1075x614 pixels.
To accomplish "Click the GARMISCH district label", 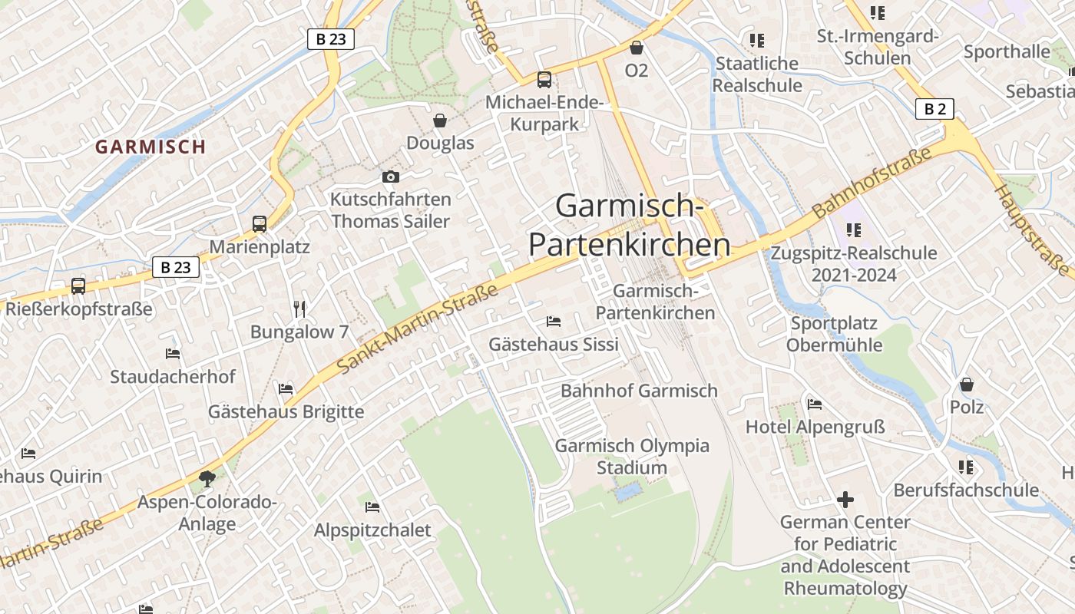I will (x=150, y=147).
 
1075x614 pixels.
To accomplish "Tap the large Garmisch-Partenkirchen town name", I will (x=629, y=226).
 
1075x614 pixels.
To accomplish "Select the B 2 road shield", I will (x=934, y=109).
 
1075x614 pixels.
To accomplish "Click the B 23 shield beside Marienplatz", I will (x=176, y=267).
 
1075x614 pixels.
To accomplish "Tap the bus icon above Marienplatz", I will (x=260, y=224).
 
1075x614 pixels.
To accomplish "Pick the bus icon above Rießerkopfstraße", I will (x=78, y=286).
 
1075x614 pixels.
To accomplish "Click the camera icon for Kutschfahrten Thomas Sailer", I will (x=390, y=177).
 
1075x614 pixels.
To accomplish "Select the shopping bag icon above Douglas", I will (x=440, y=120).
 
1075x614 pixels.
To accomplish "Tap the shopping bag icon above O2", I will (x=636, y=48).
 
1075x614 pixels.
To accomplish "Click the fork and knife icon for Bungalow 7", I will (x=299, y=309).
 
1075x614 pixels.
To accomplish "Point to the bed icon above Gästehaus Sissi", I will (x=553, y=321).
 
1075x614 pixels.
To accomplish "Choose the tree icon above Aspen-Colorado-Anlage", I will (x=207, y=479).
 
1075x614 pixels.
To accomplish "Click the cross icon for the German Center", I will (x=845, y=500).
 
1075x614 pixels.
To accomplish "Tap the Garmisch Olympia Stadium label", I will (x=632, y=457).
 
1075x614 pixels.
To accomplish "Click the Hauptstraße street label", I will (x=1033, y=230).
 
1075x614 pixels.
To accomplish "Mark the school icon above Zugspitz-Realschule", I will (x=853, y=229).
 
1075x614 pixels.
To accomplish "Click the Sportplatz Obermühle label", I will (x=834, y=334).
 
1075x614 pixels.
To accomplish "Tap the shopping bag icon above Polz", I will (x=967, y=384).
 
